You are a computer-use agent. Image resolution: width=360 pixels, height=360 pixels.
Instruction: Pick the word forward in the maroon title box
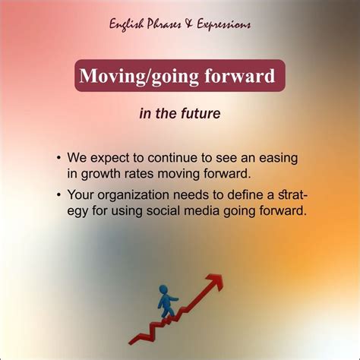pyautogui.click(x=244, y=77)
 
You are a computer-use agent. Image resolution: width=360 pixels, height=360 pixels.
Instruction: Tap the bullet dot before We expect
pyautogui.click(x=58, y=159)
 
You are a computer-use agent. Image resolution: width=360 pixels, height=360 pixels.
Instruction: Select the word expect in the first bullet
pyautogui.click(x=106, y=158)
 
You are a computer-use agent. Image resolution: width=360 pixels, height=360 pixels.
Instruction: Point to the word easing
pyautogui.click(x=276, y=158)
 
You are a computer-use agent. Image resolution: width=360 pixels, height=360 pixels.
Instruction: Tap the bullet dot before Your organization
pyautogui.click(x=58, y=194)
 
